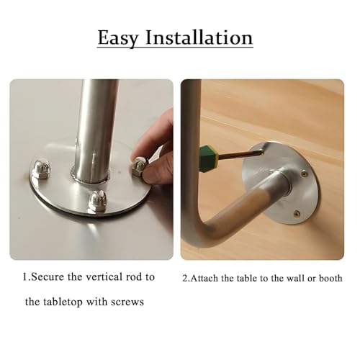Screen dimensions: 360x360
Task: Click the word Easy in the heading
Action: [x=118, y=38]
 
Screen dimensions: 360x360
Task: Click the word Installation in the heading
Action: [x=199, y=37]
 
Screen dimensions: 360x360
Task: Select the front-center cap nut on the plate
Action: [x=97, y=202]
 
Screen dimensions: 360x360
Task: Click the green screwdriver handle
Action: [x=208, y=158]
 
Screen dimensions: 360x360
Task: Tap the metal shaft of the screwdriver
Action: [x=240, y=154]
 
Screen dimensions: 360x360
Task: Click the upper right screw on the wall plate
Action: [x=305, y=173]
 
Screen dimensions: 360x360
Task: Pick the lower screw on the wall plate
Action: [x=297, y=212]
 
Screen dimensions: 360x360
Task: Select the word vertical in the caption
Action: [x=104, y=276]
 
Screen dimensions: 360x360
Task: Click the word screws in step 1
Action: [x=127, y=302]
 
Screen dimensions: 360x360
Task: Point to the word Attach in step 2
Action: [x=204, y=279]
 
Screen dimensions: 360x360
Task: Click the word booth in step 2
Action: [x=330, y=278]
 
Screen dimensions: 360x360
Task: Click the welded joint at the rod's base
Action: [x=91, y=178]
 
